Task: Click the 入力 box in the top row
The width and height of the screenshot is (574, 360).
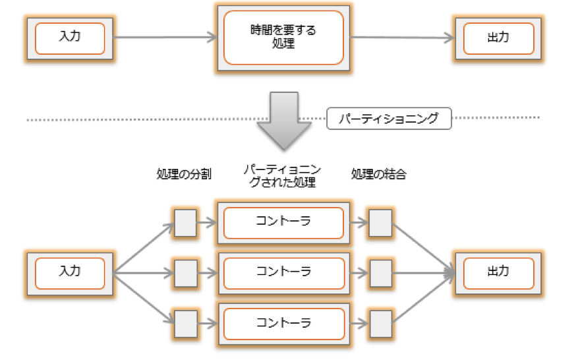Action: [70, 38]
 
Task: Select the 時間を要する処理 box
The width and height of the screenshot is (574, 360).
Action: [283, 38]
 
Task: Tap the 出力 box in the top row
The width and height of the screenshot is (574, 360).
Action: [498, 38]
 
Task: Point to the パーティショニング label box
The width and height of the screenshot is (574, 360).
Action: [389, 118]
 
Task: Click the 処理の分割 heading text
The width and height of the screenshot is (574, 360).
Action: [184, 174]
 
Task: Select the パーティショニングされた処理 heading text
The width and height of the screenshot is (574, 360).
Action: [283, 176]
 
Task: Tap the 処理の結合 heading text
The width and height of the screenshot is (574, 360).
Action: [378, 174]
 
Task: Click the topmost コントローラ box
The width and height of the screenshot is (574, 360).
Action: [284, 223]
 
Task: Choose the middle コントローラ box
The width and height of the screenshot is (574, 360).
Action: [284, 273]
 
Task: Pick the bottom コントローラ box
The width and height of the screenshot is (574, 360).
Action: [284, 324]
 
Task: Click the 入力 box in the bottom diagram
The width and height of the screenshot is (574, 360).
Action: [70, 273]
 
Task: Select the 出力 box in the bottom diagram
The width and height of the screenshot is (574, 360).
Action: [498, 273]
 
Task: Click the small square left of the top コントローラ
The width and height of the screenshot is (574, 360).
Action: [185, 223]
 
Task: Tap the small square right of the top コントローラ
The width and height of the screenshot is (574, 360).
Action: [380, 223]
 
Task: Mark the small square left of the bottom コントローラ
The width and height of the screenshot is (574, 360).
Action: [186, 324]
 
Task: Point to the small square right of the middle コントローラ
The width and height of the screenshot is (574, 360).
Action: [381, 273]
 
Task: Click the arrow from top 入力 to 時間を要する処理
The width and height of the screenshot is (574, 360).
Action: [165, 37]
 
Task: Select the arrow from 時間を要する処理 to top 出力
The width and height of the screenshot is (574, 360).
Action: [402, 38]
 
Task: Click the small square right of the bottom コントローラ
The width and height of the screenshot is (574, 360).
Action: [381, 324]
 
